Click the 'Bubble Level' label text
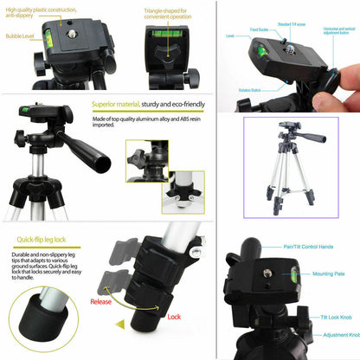click(x=21, y=37)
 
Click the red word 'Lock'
click(x=174, y=317)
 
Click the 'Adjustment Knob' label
click(x=338, y=334)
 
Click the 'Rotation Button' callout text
click(x=251, y=89)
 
